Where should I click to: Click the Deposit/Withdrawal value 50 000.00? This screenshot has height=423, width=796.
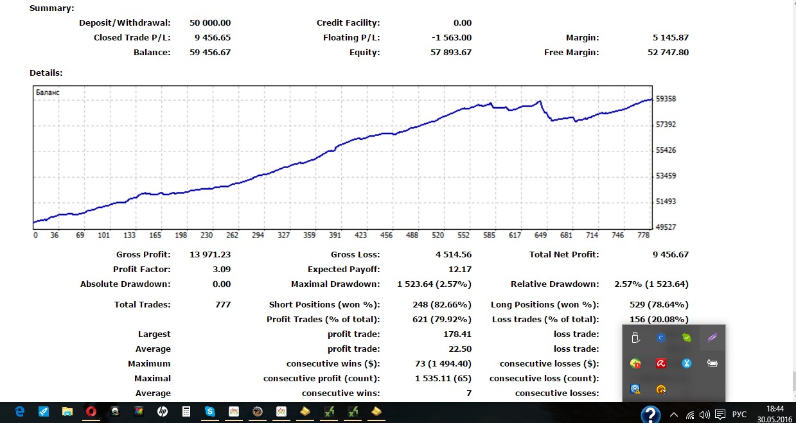[x=209, y=23]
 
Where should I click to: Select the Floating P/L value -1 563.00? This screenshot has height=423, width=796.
[x=452, y=38]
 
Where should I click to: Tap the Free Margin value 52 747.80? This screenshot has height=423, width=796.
[x=668, y=53]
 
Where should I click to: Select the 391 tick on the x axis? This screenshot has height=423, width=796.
[x=335, y=236]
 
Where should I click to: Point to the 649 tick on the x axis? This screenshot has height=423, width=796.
[x=540, y=236]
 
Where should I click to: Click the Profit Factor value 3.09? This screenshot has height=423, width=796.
[x=221, y=270]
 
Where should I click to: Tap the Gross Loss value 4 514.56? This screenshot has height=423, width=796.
[x=453, y=255]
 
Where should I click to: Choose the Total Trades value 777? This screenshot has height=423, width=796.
[x=222, y=305]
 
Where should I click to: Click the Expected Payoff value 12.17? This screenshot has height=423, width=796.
[x=460, y=270]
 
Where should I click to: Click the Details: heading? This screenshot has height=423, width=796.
[x=46, y=73]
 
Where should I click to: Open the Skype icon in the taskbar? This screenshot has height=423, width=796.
[x=210, y=411]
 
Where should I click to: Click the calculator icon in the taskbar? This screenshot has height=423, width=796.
[x=186, y=411]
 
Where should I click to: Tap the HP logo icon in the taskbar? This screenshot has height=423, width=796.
[x=163, y=411]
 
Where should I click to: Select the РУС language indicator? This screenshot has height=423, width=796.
[x=739, y=415]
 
